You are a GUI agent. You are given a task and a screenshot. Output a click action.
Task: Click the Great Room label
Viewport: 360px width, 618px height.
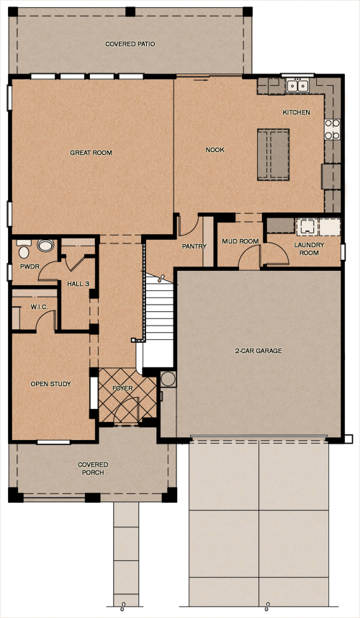click(91, 153)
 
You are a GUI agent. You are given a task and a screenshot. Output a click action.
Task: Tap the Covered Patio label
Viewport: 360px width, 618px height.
click(130, 44)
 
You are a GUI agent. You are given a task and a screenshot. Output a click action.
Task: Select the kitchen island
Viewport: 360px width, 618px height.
click(274, 154)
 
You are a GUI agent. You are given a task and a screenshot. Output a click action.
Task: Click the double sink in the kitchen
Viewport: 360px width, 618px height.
click(297, 85)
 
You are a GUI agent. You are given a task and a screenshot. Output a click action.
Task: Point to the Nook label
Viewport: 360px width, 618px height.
click(215, 150)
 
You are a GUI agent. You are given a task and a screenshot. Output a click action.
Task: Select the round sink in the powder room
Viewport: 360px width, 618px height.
click(45, 245)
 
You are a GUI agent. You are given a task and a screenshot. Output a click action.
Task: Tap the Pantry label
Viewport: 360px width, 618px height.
click(194, 246)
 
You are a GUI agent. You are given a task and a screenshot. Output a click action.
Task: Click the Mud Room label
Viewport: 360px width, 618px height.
click(240, 241)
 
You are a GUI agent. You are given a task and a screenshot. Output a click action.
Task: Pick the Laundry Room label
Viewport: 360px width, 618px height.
click(309, 248)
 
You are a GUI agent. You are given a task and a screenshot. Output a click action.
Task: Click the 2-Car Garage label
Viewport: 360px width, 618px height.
click(258, 350)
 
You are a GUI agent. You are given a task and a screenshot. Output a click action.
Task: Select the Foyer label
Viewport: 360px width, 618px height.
click(122, 388)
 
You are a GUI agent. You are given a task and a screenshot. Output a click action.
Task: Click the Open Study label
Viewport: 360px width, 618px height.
click(51, 384)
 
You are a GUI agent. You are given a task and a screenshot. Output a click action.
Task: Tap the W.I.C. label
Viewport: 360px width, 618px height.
click(39, 307)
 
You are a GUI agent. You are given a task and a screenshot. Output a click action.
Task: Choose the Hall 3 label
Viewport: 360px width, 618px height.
click(78, 283)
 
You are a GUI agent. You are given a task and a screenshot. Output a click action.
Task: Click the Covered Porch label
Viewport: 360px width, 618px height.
click(93, 469)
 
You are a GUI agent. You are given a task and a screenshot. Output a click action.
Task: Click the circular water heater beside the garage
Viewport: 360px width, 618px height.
click(168, 379)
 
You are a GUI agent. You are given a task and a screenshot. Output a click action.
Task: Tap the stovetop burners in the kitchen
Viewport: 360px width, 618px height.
click(332, 129)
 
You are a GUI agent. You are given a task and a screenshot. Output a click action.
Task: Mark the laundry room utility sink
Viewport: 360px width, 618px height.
click(307, 227)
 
